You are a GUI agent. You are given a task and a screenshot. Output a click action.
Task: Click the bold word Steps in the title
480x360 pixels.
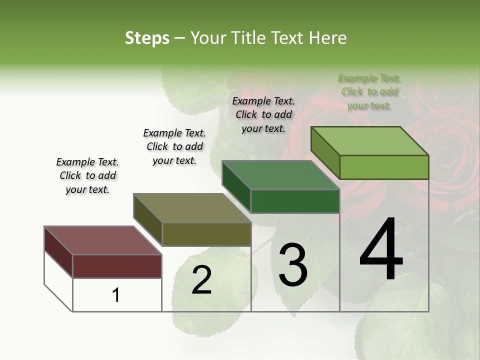point(147,38)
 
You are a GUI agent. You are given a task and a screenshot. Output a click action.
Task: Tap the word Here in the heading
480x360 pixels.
point(328,38)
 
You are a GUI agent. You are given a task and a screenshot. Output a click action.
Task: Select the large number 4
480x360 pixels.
point(381,250)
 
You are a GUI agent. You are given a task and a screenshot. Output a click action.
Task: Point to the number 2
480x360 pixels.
point(201,280)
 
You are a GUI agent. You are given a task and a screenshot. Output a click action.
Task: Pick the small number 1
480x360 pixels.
point(116,295)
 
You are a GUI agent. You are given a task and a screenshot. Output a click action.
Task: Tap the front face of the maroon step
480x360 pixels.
point(117,266)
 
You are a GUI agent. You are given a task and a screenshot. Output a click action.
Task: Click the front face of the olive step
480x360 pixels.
point(206,234)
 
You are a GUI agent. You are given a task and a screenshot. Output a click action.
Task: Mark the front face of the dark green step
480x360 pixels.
point(295,201)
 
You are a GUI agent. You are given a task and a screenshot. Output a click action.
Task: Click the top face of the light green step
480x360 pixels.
point(370,140)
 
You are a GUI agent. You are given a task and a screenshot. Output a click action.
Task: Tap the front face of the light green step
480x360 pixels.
point(384,167)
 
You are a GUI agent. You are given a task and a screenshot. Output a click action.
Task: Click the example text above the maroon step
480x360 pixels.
point(87,175)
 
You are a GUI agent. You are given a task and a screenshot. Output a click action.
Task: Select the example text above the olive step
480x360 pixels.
point(174,146)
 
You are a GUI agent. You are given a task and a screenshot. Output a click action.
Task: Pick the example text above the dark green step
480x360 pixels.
point(263,114)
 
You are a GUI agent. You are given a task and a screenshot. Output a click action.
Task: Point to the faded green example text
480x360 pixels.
point(369,91)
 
